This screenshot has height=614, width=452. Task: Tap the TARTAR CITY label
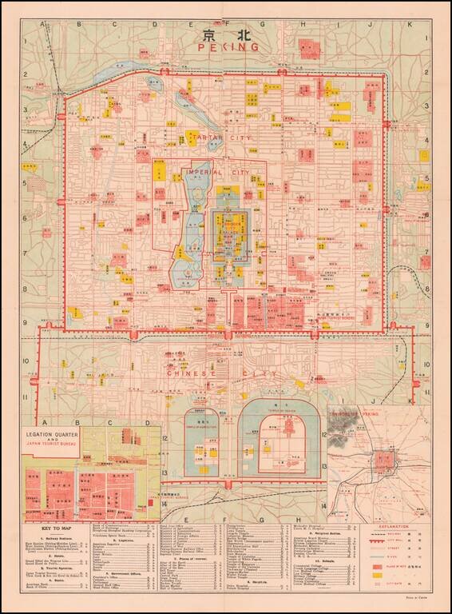coord(222,138)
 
